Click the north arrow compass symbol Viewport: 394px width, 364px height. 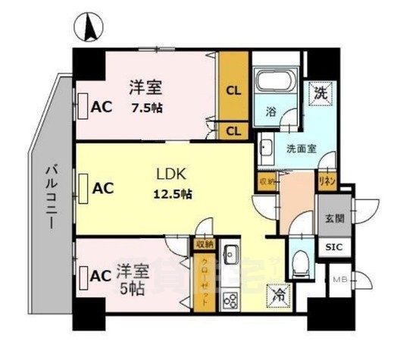click(x=89, y=29)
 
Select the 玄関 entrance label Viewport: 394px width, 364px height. click(x=333, y=218)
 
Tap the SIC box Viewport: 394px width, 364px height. click(x=333, y=247)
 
